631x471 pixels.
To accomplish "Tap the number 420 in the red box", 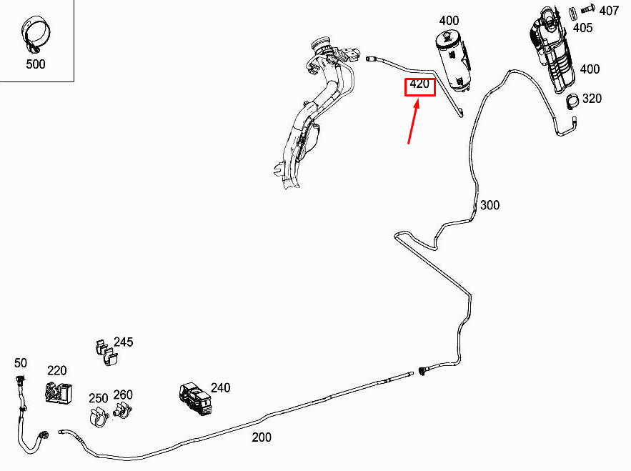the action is [x=419, y=85].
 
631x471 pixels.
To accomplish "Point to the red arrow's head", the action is [x=419, y=101].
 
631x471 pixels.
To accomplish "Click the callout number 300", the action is [x=490, y=206].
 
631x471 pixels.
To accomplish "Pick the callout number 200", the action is [x=262, y=437].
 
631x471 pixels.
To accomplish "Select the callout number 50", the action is [x=20, y=364].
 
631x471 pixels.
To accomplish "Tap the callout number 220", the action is [x=57, y=370].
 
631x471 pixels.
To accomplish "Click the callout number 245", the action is [x=124, y=342].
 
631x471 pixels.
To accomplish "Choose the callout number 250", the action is [x=98, y=398].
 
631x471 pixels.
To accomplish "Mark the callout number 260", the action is [x=123, y=395].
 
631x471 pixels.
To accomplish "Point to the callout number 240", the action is [x=221, y=388].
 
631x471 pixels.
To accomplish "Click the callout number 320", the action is [x=592, y=99].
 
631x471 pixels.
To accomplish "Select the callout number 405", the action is [x=582, y=28].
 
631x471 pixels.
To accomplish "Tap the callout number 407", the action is [x=609, y=11].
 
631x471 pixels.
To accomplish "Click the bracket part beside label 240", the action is [x=194, y=397].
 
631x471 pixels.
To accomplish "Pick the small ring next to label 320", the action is [x=572, y=101].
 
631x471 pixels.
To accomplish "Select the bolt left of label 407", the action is [x=589, y=11].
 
